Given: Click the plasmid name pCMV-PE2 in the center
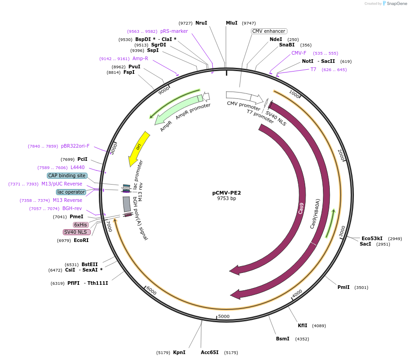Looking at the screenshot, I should (226, 193).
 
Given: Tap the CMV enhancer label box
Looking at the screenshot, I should (269, 31).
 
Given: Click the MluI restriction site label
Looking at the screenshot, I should (232, 23).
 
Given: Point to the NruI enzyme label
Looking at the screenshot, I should (201, 23).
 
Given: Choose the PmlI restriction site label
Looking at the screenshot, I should (343, 287).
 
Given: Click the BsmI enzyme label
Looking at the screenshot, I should (283, 339).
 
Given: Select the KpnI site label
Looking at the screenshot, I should (179, 352).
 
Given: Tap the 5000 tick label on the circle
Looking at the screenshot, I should (224, 316).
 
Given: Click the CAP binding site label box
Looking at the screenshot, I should (67, 175).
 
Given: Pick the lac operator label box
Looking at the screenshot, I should (71, 192).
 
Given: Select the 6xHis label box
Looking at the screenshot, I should (81, 225).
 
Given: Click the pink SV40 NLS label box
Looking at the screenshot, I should (76, 232).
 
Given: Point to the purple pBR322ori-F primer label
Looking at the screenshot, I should (75, 146).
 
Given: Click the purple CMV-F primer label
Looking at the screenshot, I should (299, 53).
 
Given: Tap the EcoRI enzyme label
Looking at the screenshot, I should (81, 240).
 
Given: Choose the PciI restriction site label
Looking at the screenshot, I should (82, 159).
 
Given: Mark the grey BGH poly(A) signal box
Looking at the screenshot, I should (127, 204).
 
